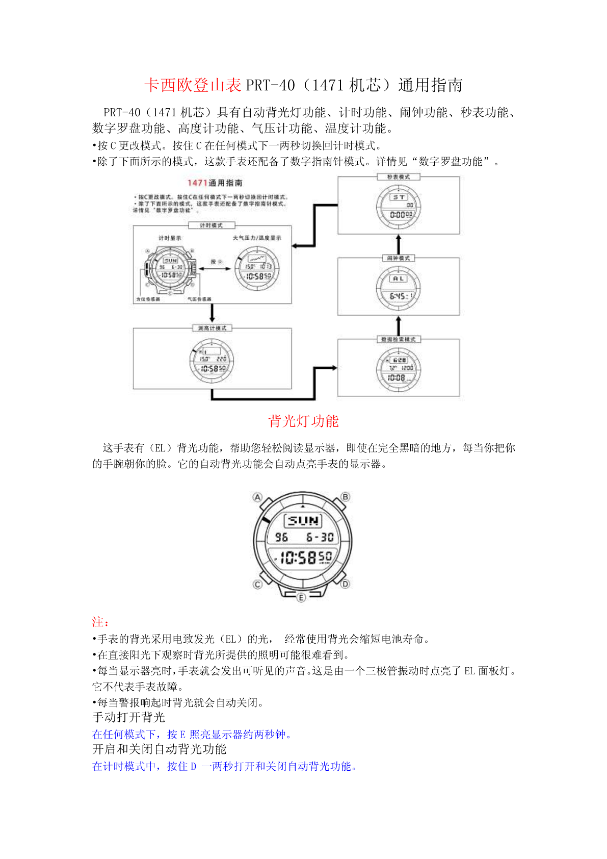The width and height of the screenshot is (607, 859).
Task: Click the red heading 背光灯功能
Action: coord(303,421)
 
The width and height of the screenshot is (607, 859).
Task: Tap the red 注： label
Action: coord(100,622)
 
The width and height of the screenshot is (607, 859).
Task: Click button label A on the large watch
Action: coord(257,497)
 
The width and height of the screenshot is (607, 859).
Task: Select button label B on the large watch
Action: coord(346,497)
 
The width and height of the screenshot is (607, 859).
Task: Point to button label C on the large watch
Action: coord(257,585)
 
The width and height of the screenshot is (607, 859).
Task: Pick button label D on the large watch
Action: coord(346,584)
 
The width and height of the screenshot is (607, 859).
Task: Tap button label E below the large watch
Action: coord(301,597)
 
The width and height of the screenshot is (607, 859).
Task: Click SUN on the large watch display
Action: coord(303,521)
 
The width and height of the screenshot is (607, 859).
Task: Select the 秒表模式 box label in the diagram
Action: coord(399,177)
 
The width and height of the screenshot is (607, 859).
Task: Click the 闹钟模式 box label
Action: coord(399,258)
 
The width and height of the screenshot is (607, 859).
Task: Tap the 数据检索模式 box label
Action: coord(399,339)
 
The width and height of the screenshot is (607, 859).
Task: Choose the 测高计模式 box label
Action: coord(213,328)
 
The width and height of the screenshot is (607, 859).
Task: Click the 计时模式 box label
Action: coord(211,225)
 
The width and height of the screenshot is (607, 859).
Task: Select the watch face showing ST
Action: coord(399,206)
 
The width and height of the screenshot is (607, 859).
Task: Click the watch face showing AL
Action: coord(399,288)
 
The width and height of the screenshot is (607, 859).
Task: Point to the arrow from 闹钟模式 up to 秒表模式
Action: coord(399,244)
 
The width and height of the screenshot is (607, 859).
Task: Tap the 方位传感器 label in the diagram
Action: coord(148,299)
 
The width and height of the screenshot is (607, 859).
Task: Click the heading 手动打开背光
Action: coord(128,717)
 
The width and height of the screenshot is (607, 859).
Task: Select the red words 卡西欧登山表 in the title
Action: coord(193,85)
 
